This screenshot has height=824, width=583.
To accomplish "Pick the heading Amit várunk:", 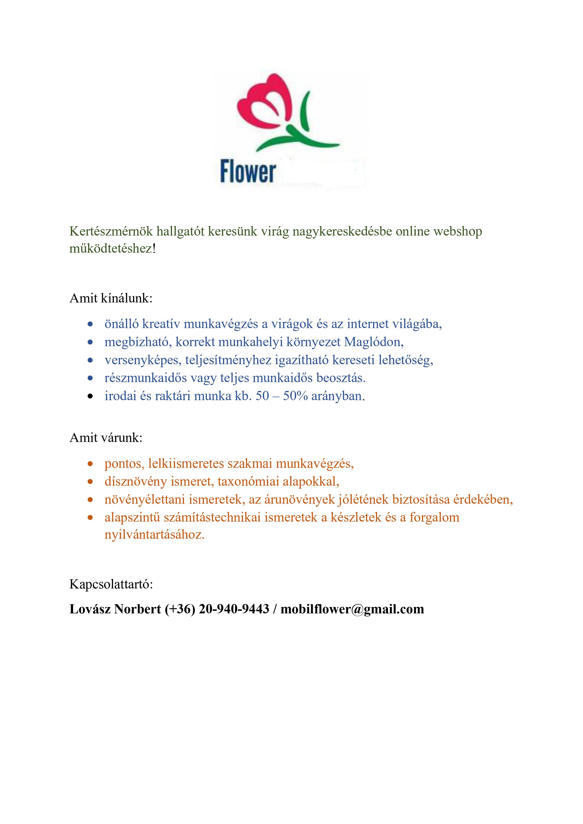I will (106, 437).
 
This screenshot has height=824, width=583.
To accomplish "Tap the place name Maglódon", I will (374, 342).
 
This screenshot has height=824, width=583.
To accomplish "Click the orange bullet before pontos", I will (90, 464).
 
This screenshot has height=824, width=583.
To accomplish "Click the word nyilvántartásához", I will (154, 535).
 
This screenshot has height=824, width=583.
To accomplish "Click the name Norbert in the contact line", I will (137, 609).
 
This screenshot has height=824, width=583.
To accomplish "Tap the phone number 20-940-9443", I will (234, 609).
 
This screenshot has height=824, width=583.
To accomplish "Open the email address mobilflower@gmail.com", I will (352, 609).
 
